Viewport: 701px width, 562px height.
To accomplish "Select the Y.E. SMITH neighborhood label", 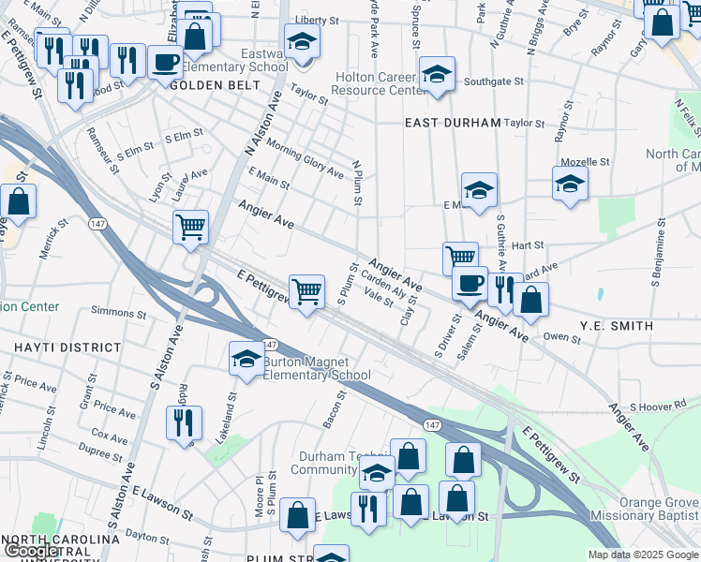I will point(616,326).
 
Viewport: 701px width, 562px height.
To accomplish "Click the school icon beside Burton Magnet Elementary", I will point(246,361).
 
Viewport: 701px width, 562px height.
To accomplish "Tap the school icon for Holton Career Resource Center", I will point(437,75).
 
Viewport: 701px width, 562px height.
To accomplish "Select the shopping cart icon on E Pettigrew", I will point(306,292).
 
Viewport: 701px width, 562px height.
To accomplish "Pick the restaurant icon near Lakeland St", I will point(184,421).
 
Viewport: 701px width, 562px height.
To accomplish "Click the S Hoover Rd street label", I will point(658,406).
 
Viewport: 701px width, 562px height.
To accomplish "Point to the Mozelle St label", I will point(586,162).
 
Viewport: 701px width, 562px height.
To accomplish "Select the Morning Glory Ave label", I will point(306,158).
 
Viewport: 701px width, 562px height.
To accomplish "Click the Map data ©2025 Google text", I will point(642,555).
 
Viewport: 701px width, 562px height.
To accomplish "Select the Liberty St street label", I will point(316,20).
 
